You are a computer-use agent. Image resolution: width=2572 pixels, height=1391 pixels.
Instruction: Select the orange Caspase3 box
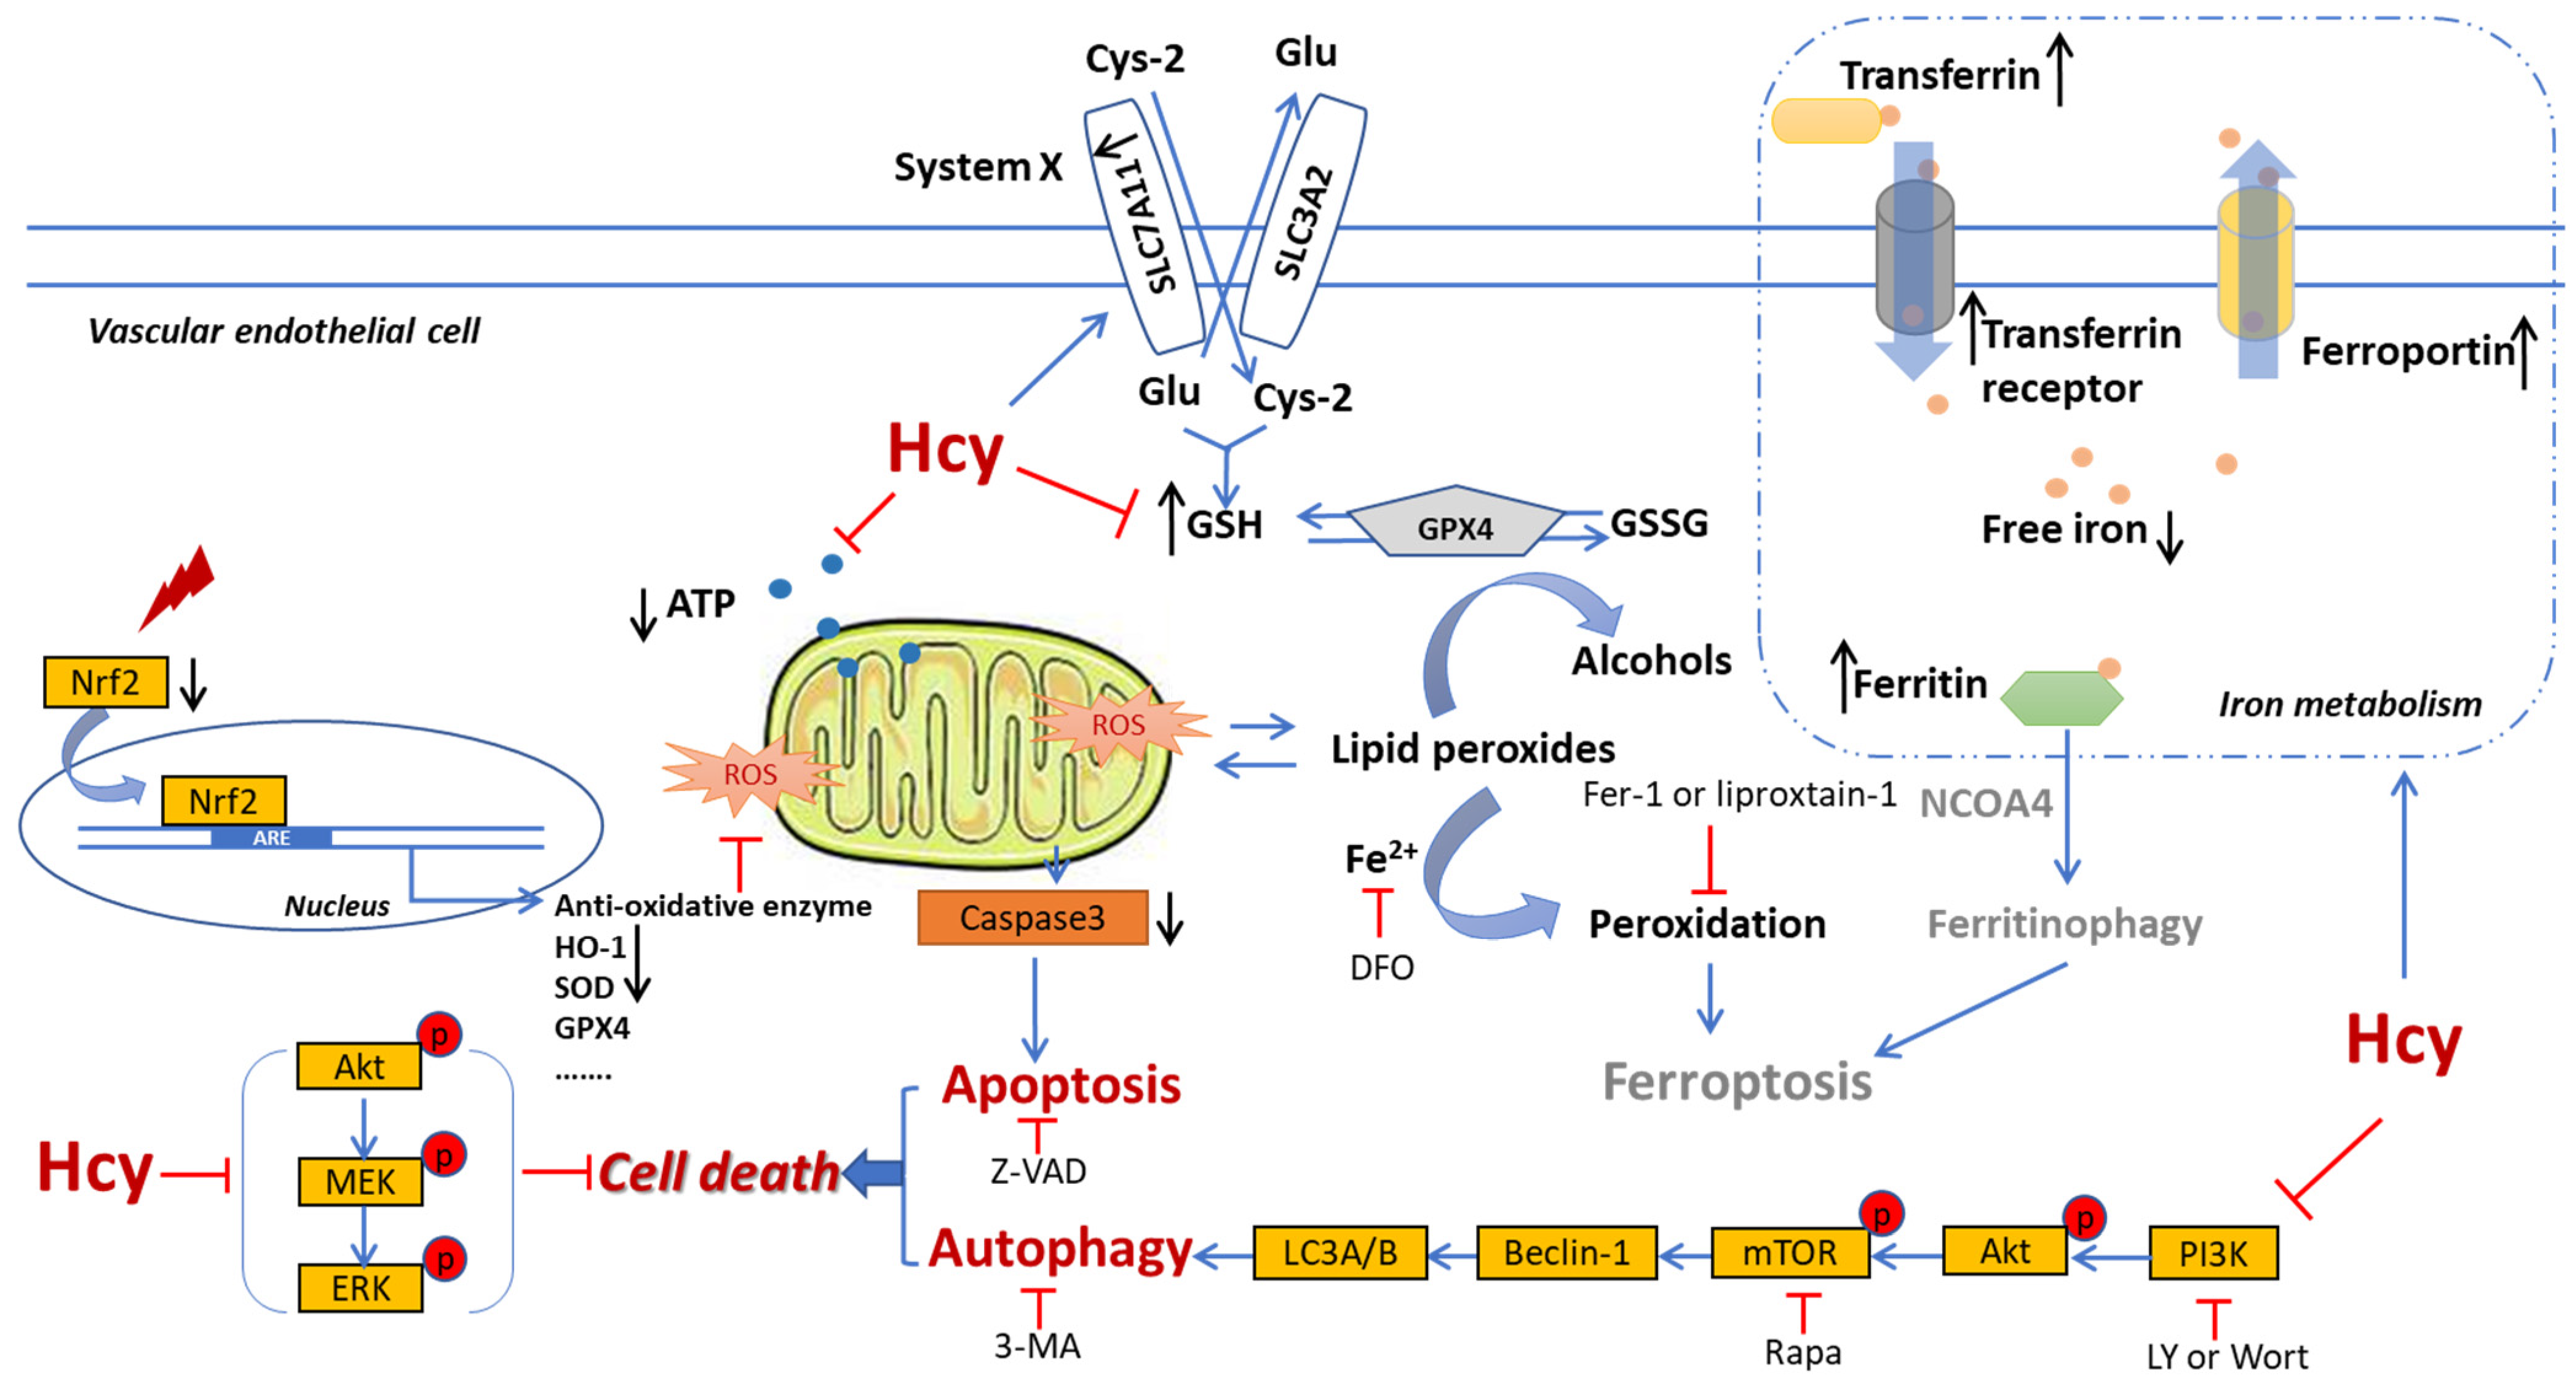pos(1033,917)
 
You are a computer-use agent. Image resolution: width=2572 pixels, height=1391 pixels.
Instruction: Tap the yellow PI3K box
pos(2213,1253)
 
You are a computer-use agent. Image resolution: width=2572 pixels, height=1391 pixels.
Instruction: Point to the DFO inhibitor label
pos(1381,967)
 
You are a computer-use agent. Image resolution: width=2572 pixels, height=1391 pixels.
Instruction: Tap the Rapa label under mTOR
pos(1802,1352)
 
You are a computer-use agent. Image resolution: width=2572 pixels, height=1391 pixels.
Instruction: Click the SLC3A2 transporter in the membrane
pos(1303,221)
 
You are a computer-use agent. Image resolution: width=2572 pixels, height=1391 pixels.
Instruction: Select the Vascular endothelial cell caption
pos(284,330)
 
